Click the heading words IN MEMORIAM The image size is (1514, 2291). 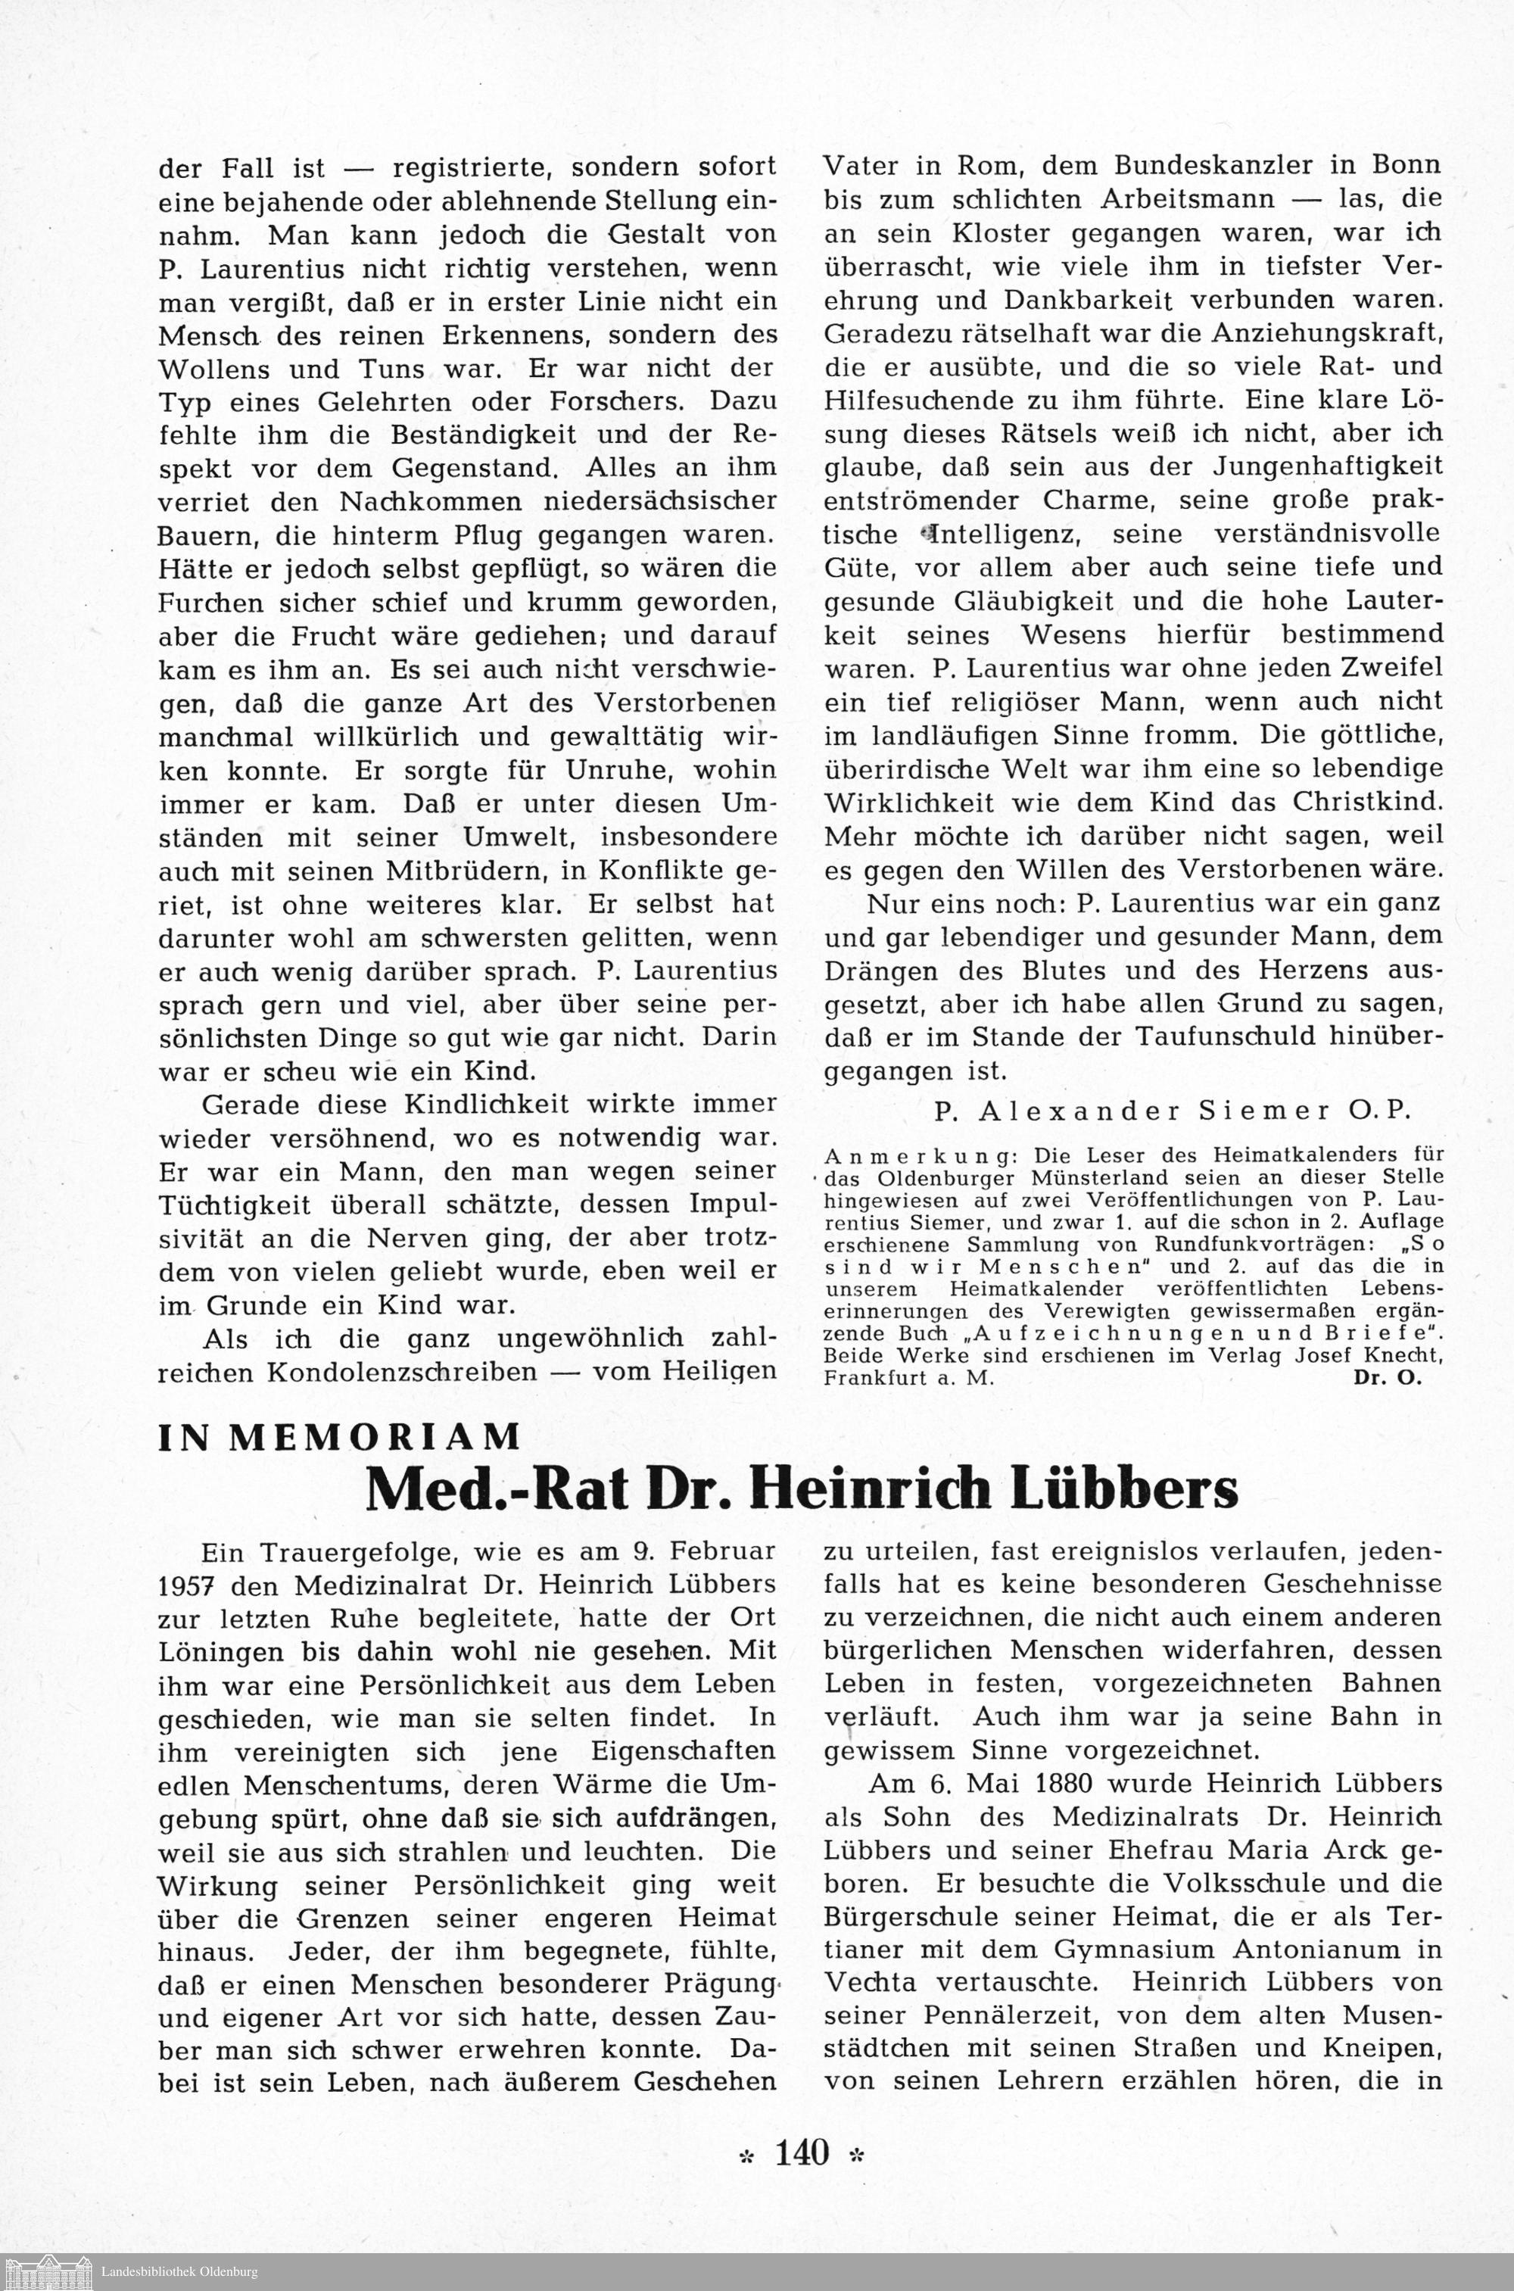[x=339, y=1438]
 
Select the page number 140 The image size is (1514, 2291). [x=802, y=2152]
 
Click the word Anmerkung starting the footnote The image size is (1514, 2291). [x=879, y=1155]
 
